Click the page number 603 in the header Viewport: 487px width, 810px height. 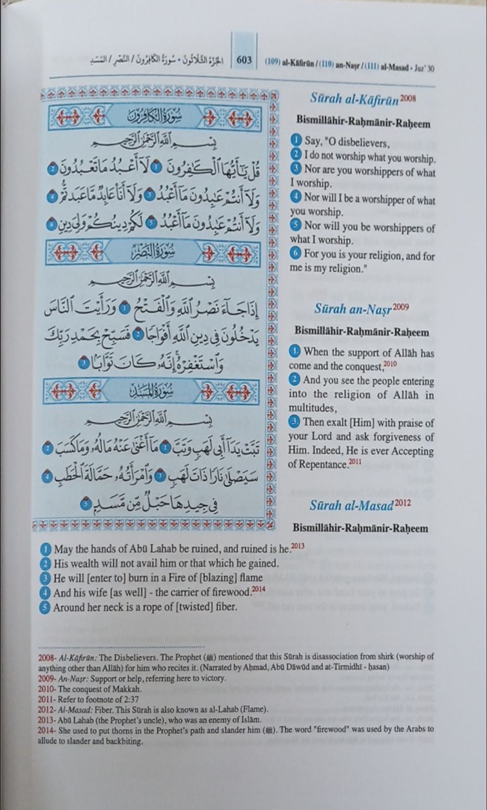(x=244, y=59)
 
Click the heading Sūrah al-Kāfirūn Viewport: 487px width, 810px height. (x=354, y=98)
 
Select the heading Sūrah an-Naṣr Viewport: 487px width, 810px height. (x=353, y=309)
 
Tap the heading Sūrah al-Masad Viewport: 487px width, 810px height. (x=351, y=506)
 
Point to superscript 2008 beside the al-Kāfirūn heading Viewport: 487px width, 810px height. (x=408, y=97)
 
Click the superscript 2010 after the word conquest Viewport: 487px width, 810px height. (x=390, y=364)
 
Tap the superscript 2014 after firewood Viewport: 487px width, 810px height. (x=258, y=590)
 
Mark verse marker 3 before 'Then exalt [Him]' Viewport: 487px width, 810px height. (x=294, y=422)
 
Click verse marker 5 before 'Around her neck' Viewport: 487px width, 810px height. (x=46, y=607)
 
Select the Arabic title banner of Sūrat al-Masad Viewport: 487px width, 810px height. (x=158, y=392)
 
